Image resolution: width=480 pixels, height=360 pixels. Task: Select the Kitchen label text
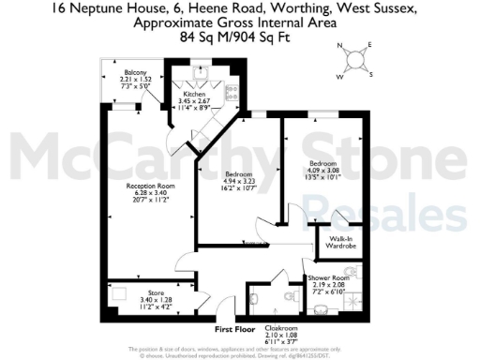point(194,95)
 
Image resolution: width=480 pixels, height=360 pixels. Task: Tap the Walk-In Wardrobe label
point(340,244)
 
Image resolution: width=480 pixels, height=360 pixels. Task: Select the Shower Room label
point(328,278)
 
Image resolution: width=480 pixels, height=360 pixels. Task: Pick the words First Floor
point(235,330)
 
